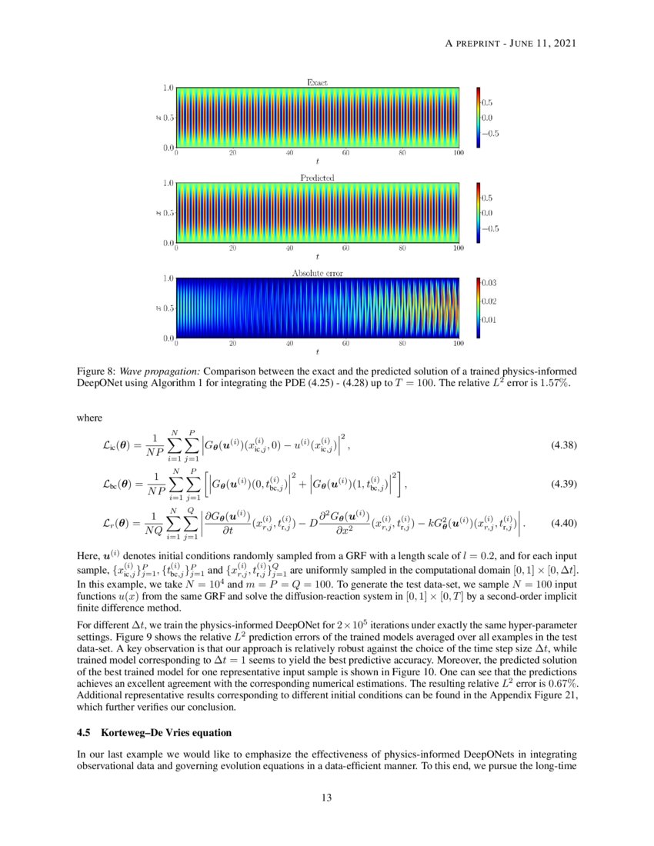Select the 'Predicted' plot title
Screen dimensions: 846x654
317,178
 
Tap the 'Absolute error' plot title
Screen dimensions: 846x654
317,273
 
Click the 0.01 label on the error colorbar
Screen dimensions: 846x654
489,318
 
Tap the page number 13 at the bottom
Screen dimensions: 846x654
327,798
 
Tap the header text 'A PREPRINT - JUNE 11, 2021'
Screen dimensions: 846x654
511,42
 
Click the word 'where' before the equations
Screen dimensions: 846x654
91,418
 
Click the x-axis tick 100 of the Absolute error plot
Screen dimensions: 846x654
459,344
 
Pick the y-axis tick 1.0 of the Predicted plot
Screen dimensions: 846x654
167,184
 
